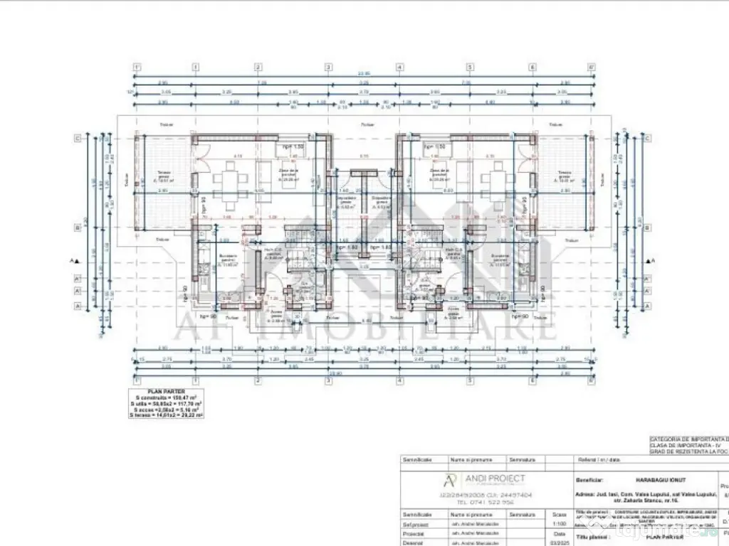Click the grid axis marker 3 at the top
pyautogui.click(x=328, y=68)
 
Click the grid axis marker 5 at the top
pyautogui.click(x=470, y=68)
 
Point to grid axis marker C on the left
pyautogui.click(x=77, y=139)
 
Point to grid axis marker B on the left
pyautogui.click(x=77, y=228)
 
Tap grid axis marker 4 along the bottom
pyautogui.click(x=399, y=380)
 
